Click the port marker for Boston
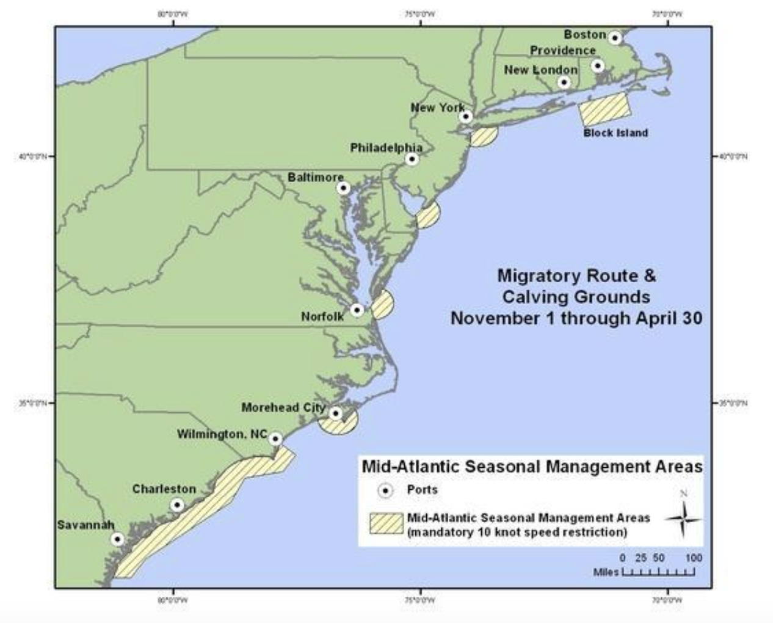pos(615,38)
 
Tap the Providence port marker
pos(597,65)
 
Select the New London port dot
pos(564,82)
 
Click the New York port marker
pos(466,116)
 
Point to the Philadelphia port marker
pos(412,159)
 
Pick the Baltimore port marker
pos(344,188)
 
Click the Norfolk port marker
pos(357,310)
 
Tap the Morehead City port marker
pos(335,414)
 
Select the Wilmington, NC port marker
pos(275,439)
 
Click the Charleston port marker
pos(177,505)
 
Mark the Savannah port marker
pos(118,539)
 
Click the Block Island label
pos(615,133)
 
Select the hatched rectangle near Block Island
pos(604,108)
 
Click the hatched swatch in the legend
pos(386,525)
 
